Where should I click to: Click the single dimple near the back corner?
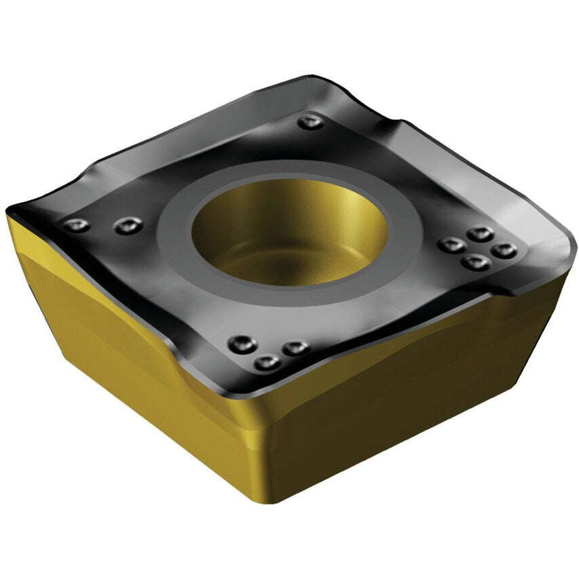tap(311, 123)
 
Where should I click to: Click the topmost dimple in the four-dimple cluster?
tap(481, 234)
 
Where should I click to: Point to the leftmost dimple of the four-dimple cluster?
tap(448, 245)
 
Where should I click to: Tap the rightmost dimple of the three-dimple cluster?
tap(293, 348)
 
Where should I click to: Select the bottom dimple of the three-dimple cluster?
tap(266, 363)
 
